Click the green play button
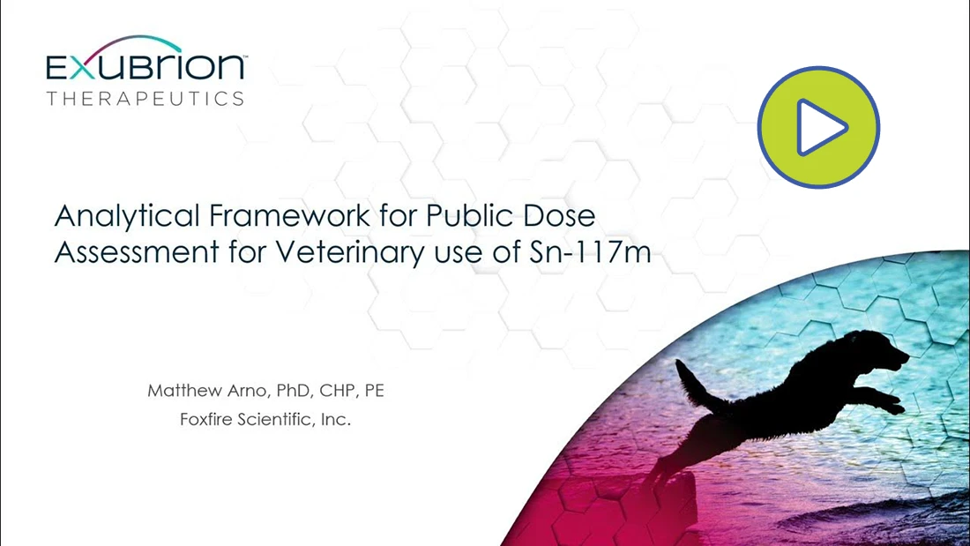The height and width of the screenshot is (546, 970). pyautogui.click(x=818, y=127)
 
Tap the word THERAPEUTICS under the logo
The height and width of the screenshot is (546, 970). pyautogui.click(x=145, y=99)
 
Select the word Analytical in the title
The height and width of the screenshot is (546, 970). pyautogui.click(x=128, y=217)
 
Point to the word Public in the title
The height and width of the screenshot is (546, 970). pyautogui.click(x=471, y=215)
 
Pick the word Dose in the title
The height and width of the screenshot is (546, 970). pyautogui.click(x=559, y=215)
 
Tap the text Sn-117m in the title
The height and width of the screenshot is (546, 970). pyautogui.click(x=591, y=252)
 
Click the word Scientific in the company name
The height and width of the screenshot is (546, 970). pyautogui.click(x=278, y=420)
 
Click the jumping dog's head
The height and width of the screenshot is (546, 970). pyautogui.click(x=881, y=350)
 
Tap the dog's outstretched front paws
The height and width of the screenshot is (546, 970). pyautogui.click(x=888, y=401)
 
